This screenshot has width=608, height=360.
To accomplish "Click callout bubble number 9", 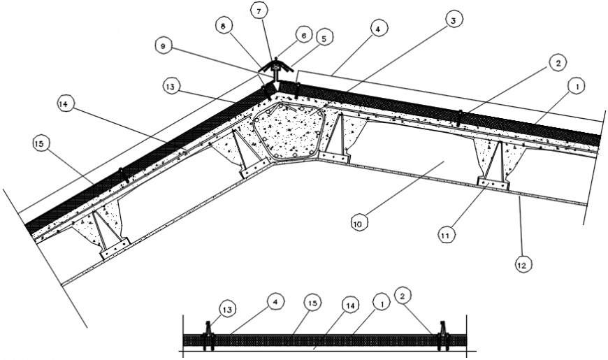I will coord(165,46).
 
